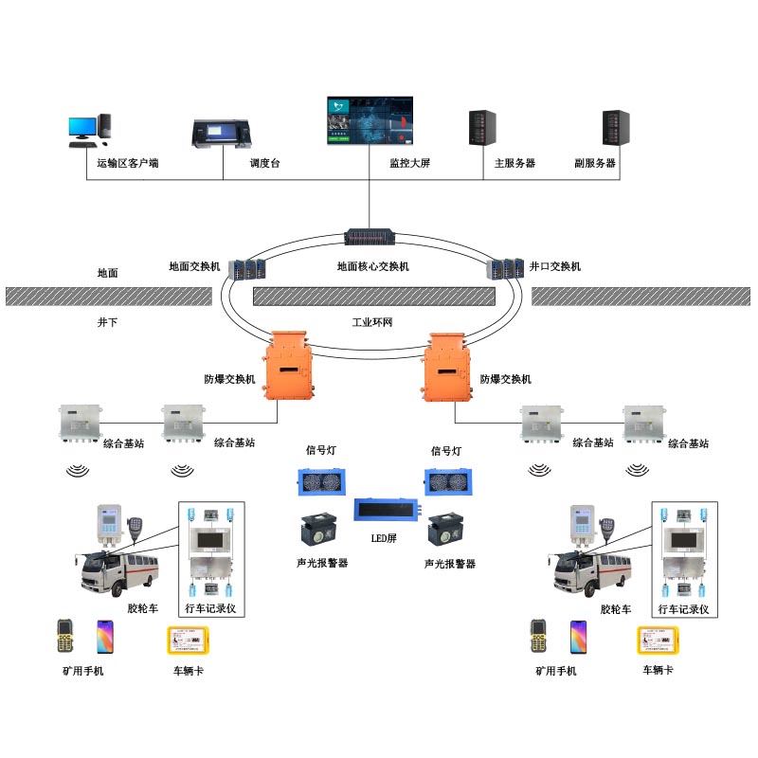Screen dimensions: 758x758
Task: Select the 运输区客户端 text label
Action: (x=128, y=164)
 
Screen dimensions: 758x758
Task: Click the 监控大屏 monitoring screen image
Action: (x=370, y=120)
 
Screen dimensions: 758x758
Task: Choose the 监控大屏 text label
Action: (x=410, y=164)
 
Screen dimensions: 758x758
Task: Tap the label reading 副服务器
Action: (x=595, y=164)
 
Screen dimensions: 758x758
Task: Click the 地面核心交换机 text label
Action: (x=373, y=267)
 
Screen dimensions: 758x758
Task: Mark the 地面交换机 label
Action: (x=194, y=267)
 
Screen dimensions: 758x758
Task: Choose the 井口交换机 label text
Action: (x=555, y=267)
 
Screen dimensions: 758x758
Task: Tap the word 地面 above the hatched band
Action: (x=108, y=273)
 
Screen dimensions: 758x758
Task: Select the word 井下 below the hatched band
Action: (x=108, y=323)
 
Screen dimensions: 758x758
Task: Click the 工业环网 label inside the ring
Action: (x=372, y=323)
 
